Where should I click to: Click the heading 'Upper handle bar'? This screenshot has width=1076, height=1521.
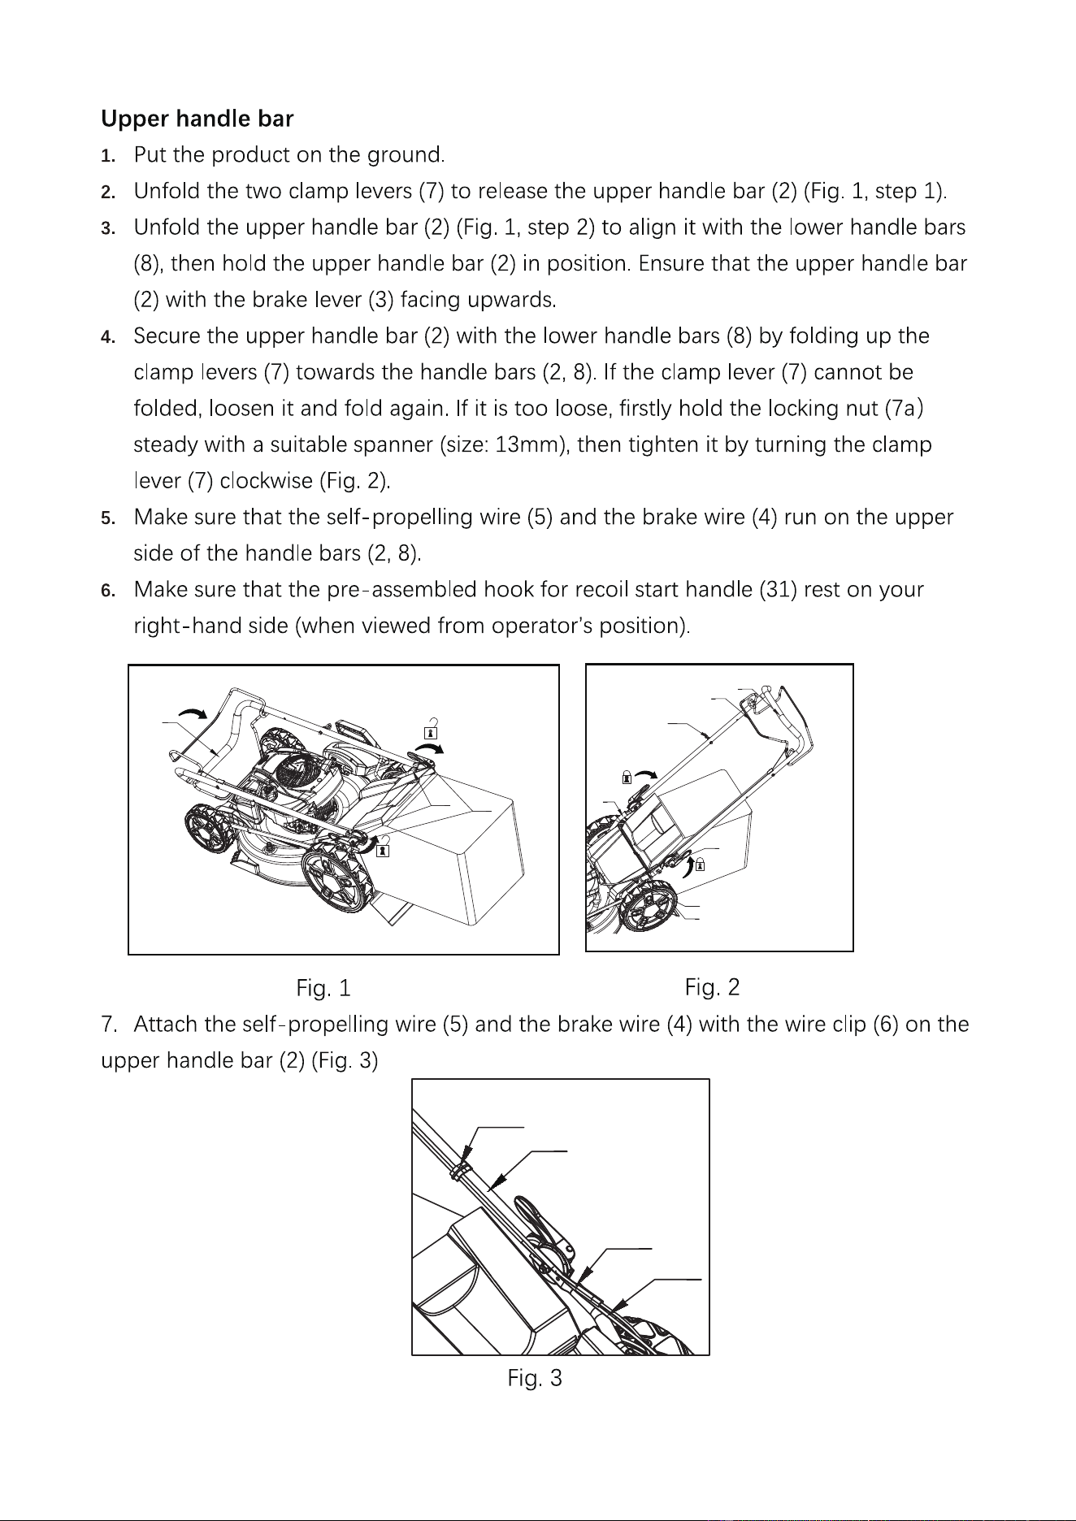(197, 119)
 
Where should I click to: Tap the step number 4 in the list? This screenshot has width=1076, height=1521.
(106, 336)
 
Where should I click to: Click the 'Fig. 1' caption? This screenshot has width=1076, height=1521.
(323, 989)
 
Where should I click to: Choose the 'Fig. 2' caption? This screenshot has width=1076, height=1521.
(712, 988)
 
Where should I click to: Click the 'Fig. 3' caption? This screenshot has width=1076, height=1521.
(535, 1378)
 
